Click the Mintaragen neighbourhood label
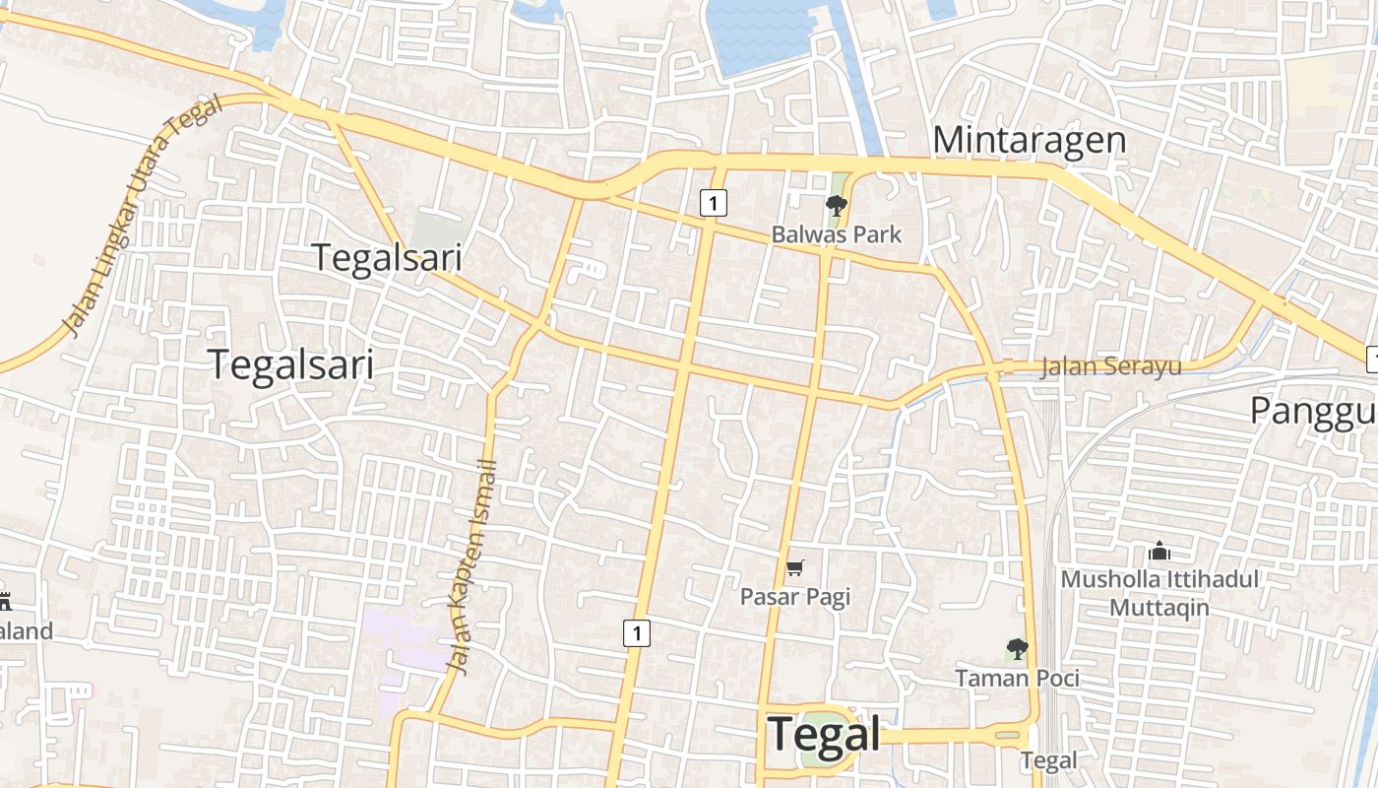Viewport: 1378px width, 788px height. pyautogui.click(x=1029, y=140)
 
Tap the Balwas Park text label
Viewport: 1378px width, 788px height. pyautogui.click(x=836, y=234)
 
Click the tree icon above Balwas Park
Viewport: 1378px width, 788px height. pyautogui.click(x=836, y=206)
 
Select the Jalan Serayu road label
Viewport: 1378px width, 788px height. pyautogui.click(x=1111, y=367)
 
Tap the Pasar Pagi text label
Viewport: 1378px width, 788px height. pyautogui.click(x=794, y=597)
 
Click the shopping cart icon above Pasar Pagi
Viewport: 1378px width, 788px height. pyautogui.click(x=794, y=567)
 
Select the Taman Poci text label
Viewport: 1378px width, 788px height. pyautogui.click(x=1017, y=678)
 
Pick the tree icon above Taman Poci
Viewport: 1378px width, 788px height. pyautogui.click(x=1017, y=649)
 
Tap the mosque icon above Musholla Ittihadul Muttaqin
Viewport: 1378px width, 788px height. pyautogui.click(x=1159, y=551)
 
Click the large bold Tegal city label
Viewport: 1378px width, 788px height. pyautogui.click(x=824, y=735)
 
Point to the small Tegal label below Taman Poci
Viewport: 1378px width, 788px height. pyautogui.click(x=1048, y=760)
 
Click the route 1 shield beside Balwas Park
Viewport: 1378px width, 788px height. pyautogui.click(x=713, y=203)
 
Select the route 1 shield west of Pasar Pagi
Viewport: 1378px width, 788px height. pyautogui.click(x=637, y=632)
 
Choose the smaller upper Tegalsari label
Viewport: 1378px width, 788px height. pyautogui.click(x=387, y=257)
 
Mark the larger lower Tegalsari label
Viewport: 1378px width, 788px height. pyautogui.click(x=291, y=364)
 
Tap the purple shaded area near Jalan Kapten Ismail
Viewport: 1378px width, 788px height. pyautogui.click(x=399, y=640)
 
